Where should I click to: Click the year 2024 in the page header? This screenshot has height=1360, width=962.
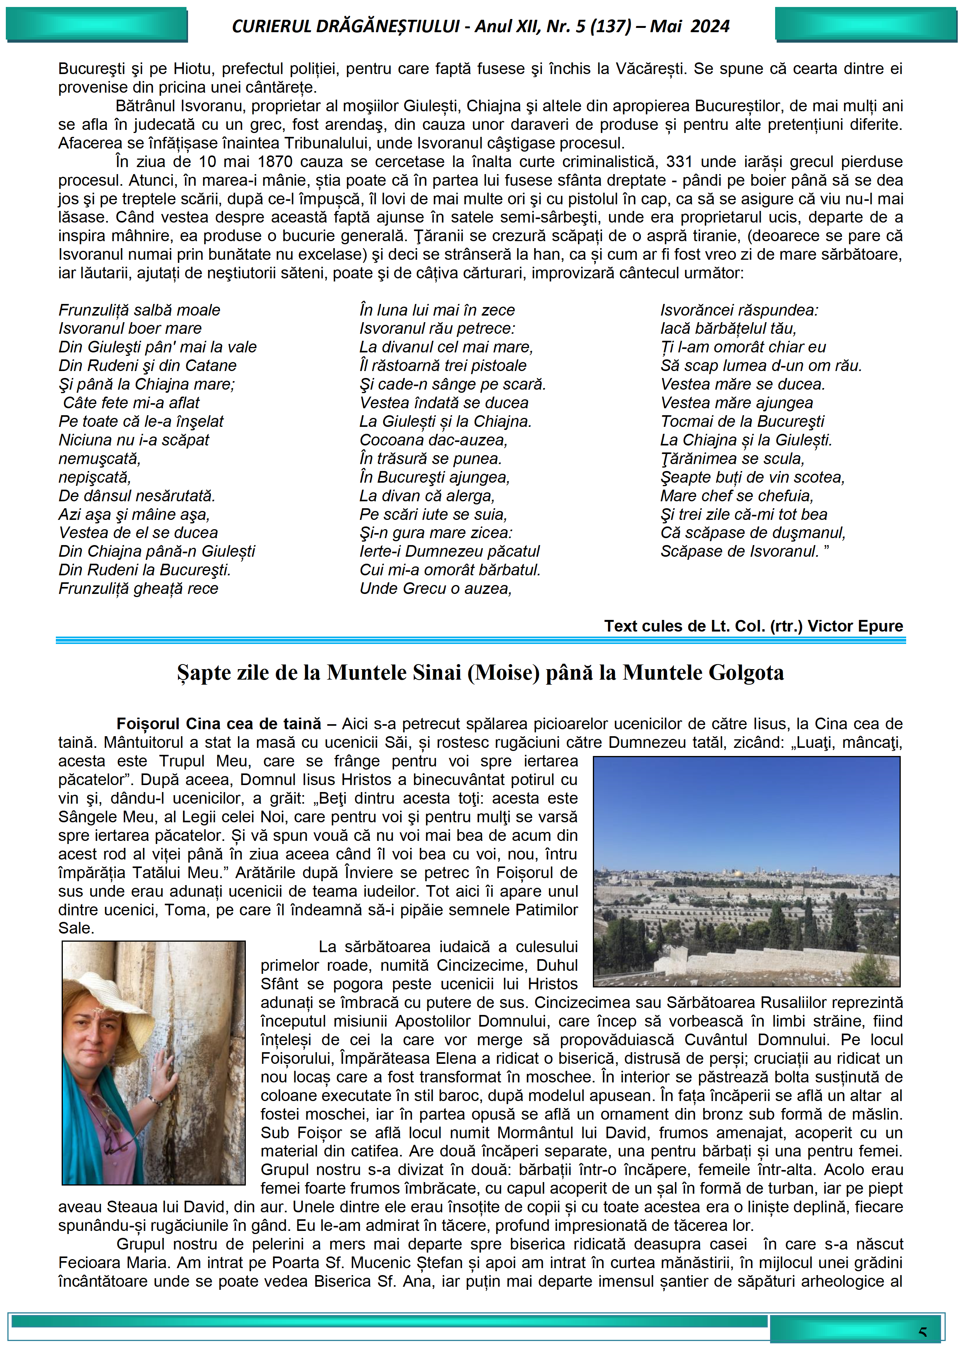point(710,26)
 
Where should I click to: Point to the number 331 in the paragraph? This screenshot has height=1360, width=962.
point(679,162)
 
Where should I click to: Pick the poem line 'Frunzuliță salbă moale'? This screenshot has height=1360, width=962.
point(139,310)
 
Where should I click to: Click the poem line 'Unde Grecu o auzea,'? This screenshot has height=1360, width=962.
point(435,588)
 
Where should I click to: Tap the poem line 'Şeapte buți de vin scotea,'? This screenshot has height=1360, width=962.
point(752,477)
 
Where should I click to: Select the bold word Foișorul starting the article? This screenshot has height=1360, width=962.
point(149,723)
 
